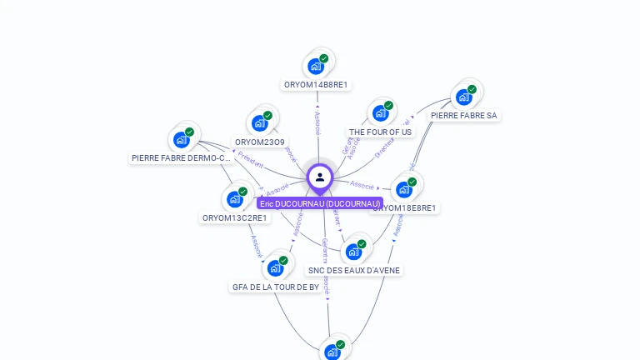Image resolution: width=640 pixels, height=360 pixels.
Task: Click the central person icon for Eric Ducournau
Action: pos(320,177)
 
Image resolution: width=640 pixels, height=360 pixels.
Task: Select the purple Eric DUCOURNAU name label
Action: pos(320,203)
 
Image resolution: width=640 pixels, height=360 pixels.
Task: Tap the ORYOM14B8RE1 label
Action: pos(316,84)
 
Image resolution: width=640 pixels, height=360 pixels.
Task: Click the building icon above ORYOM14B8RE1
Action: pos(316,66)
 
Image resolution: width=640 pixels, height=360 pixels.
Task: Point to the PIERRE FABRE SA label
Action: pos(464,115)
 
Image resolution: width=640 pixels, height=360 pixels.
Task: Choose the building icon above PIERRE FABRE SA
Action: pos(464,97)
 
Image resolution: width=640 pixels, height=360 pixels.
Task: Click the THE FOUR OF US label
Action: pos(380,132)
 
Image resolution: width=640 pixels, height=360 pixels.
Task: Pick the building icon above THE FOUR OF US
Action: pos(381,113)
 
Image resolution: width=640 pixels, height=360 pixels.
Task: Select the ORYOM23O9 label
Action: pos(259,142)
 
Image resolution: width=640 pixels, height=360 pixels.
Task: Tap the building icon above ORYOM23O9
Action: pos(260,123)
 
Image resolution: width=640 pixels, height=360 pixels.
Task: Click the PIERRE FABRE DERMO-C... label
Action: pos(181,157)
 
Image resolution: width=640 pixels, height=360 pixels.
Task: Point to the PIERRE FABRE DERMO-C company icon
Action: pos(182,139)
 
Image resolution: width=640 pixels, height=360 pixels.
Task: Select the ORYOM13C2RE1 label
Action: pos(235,217)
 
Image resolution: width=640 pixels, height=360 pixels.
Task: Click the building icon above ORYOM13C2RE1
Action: pos(235,199)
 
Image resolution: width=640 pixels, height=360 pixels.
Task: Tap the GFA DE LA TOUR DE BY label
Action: pos(275,287)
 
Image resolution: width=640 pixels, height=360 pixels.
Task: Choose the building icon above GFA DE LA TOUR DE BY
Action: pos(275,268)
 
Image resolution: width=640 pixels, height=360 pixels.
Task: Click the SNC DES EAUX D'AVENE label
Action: pos(354,270)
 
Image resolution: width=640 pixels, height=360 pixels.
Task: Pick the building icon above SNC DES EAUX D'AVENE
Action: pos(353,252)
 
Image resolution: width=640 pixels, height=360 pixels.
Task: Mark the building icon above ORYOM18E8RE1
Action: pos(404,189)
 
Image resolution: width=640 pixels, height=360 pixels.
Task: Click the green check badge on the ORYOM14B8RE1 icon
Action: pos(324,58)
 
